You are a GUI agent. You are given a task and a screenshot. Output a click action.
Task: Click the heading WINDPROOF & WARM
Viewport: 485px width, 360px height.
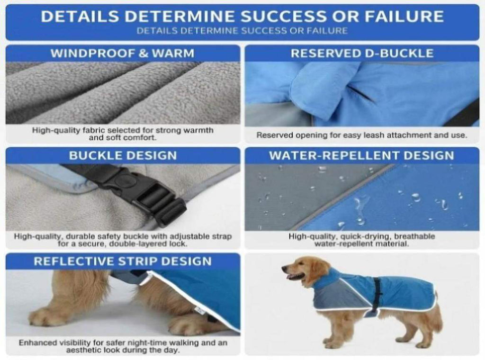point(123,53)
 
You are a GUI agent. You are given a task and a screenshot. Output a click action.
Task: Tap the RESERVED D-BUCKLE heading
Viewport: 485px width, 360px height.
point(362,53)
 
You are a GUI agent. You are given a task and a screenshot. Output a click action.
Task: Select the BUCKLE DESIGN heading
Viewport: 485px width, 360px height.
point(123,155)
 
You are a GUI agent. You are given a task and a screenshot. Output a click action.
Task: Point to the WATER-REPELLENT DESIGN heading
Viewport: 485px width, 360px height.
point(361,155)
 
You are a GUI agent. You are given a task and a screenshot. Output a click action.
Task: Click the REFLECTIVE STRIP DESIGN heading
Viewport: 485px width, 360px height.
point(123,261)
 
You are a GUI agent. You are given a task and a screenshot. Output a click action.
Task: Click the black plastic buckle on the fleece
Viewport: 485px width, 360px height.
point(142,192)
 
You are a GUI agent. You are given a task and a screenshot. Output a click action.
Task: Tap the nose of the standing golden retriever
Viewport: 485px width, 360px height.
point(283,268)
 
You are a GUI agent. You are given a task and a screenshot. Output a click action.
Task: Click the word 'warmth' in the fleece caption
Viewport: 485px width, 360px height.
point(198,130)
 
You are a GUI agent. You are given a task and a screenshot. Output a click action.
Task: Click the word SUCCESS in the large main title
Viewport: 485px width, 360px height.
point(284,17)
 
